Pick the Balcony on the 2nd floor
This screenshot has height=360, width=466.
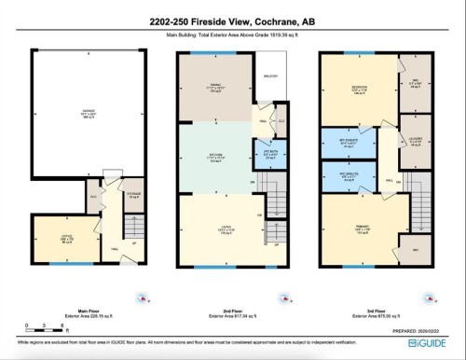click(271, 76)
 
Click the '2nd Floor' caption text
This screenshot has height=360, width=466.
click(230, 311)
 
